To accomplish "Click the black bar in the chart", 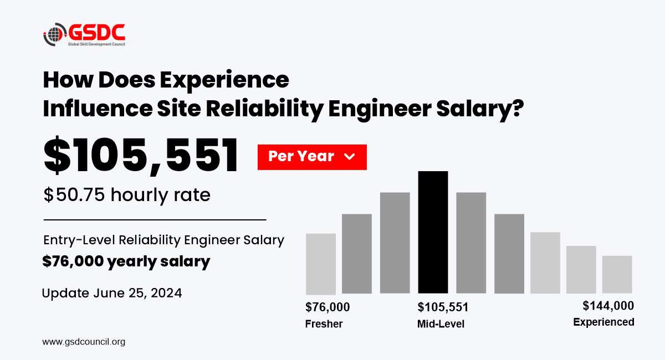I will click(433, 232).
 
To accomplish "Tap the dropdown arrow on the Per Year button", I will click(349, 157).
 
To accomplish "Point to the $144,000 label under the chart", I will click(608, 306).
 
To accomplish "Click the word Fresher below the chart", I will click(324, 323).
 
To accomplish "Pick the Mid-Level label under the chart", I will click(441, 323).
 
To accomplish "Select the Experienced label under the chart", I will click(603, 322).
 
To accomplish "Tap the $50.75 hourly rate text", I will click(127, 195).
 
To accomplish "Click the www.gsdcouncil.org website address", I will click(84, 342).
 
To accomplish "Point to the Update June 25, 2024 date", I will click(112, 293).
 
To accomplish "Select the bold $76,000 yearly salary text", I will click(126, 261).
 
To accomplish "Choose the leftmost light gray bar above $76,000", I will click(321, 264).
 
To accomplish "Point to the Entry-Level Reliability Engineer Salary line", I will click(163, 240).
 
